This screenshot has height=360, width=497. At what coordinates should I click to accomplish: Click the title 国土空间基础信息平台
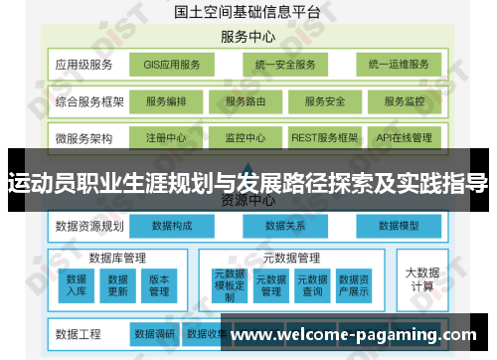click(248, 13)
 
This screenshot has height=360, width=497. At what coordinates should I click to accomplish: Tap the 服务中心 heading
click(248, 38)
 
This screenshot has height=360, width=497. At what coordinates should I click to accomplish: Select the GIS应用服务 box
click(172, 66)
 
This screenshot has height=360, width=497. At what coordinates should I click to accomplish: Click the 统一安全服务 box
click(284, 66)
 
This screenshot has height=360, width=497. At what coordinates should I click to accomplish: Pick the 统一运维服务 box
click(398, 66)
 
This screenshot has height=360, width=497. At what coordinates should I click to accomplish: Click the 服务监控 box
click(405, 101)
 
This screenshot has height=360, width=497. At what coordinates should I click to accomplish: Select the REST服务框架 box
click(324, 137)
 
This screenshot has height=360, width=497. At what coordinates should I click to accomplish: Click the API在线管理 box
click(405, 137)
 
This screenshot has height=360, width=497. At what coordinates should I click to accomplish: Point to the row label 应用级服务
click(83, 66)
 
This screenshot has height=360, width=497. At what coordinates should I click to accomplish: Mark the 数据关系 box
click(284, 226)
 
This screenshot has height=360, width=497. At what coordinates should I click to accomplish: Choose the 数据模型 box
click(398, 226)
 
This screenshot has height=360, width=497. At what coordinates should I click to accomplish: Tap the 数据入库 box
click(78, 284)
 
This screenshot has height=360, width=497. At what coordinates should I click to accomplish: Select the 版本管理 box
click(159, 284)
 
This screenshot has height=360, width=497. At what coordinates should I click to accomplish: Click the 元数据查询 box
click(313, 284)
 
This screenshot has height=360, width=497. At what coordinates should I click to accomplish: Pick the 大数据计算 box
click(421, 278)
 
